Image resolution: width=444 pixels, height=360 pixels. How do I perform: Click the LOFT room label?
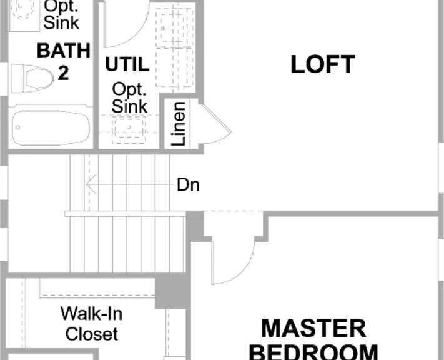click(x=323, y=64)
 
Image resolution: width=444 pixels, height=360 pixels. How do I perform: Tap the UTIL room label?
click(x=127, y=64)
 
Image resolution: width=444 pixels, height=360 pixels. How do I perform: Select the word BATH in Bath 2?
click(x=64, y=51)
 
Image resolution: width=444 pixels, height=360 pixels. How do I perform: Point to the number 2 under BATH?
click(x=64, y=73)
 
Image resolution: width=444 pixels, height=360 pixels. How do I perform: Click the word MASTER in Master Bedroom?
click(x=313, y=329)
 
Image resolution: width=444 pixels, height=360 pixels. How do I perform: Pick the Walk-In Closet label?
click(x=91, y=324)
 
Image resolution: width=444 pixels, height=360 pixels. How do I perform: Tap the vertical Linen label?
click(x=179, y=124)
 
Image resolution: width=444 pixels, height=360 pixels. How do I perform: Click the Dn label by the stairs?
click(x=189, y=185)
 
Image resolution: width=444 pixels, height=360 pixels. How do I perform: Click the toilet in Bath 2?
click(x=32, y=78)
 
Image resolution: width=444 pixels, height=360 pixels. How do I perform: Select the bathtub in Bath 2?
click(x=51, y=127)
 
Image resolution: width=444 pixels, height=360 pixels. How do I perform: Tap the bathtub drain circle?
click(x=18, y=127)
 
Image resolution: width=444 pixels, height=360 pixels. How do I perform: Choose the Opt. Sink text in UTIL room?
click(x=129, y=97)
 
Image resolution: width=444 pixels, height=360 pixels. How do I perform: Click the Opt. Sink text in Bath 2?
click(x=61, y=15)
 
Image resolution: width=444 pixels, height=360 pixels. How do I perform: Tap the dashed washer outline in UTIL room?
click(x=174, y=27)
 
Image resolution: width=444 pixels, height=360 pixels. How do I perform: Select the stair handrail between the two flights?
click(x=125, y=214)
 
